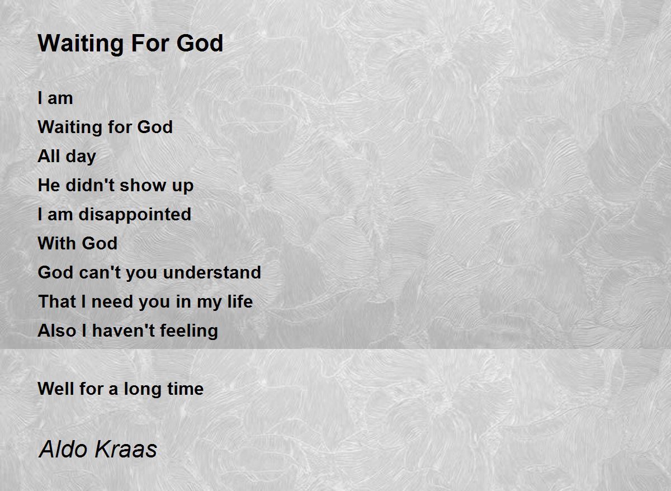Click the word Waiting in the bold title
click(81, 44)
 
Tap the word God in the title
click(200, 44)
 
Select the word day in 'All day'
click(81, 157)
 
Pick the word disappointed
click(135, 215)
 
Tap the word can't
click(100, 272)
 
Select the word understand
click(212, 272)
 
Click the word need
click(112, 301)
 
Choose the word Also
click(57, 331)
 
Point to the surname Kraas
click(125, 450)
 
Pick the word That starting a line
click(57, 301)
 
